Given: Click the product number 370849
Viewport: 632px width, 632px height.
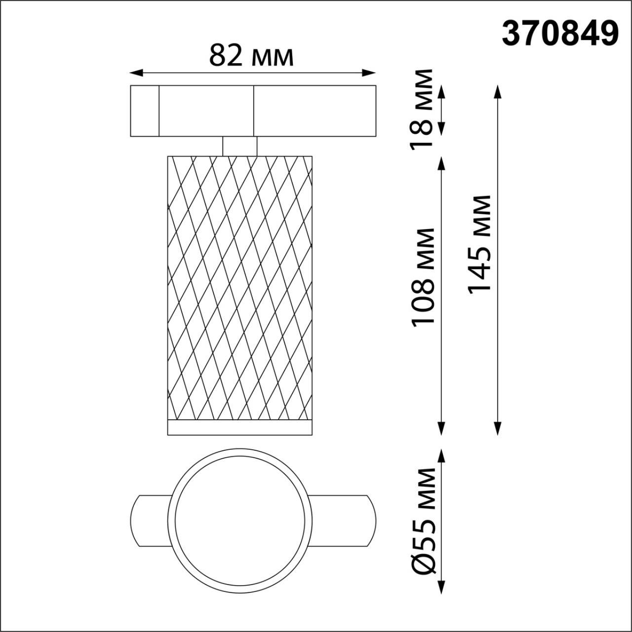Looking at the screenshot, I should (560, 34).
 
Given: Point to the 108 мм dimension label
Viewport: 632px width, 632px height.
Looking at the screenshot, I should (423, 276).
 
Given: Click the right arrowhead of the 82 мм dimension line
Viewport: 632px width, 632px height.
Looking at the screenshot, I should (370, 73).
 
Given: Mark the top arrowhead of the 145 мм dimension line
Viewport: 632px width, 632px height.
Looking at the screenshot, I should (498, 90).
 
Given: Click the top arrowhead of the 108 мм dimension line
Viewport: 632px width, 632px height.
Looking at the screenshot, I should (442, 162).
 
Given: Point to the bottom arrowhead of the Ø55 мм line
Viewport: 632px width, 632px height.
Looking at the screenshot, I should (442, 588).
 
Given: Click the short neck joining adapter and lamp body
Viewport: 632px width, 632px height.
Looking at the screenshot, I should (239, 146).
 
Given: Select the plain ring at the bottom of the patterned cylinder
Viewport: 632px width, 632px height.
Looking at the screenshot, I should (240, 428).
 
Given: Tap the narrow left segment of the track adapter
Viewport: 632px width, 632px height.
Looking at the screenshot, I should (144, 111).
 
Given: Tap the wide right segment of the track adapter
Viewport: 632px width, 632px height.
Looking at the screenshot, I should (315, 111).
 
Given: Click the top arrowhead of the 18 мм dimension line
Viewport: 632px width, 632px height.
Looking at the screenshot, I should (442, 91).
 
